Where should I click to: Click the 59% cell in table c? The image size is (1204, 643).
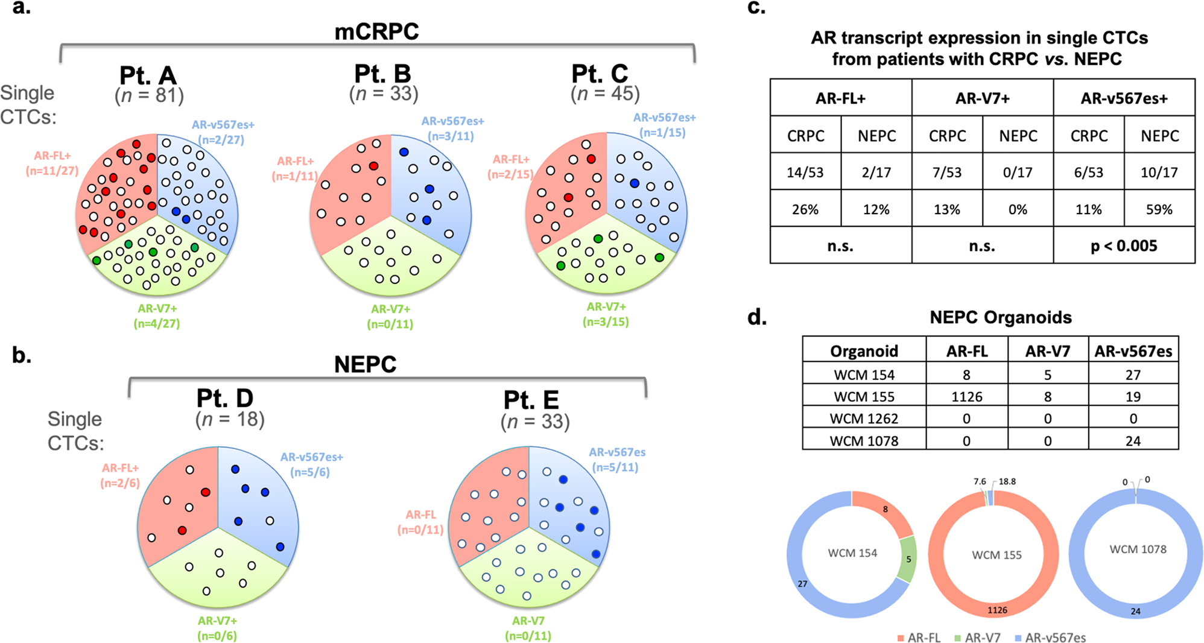pyautogui.click(x=1159, y=209)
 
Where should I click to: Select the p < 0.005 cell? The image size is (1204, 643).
pyautogui.click(x=1124, y=246)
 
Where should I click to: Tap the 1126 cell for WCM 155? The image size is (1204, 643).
pyautogui.click(x=966, y=397)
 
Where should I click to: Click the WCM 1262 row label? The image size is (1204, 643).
pyautogui.click(x=864, y=419)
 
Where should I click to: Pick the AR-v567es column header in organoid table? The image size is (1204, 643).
pyautogui.click(x=1133, y=351)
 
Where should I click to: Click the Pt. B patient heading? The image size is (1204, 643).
pyautogui.click(x=382, y=74)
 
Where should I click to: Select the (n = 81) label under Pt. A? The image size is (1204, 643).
pyautogui.click(x=149, y=95)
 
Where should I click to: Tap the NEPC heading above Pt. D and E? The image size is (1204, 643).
pyautogui.click(x=365, y=364)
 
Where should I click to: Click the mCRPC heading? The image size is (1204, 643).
pyautogui.click(x=376, y=31)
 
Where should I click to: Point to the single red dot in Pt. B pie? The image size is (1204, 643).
pyautogui.click(x=373, y=166)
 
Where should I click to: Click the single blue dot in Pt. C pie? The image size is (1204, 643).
pyautogui.click(x=635, y=183)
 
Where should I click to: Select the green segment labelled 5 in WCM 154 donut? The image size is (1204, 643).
pyautogui.click(x=907, y=559)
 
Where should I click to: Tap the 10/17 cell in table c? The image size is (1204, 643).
pyautogui.click(x=1159, y=173)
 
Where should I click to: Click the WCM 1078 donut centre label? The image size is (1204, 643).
pyautogui.click(x=1138, y=550)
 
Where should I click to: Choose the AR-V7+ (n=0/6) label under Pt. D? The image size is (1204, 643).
pyautogui.click(x=217, y=628)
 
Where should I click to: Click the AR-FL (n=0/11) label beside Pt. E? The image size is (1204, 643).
pyautogui.click(x=420, y=522)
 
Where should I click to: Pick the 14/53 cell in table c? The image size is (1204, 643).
pyautogui.click(x=805, y=173)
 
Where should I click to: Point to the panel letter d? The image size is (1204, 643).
pyautogui.click(x=757, y=317)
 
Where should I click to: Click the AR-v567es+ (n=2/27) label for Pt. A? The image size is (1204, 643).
pyautogui.click(x=223, y=132)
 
